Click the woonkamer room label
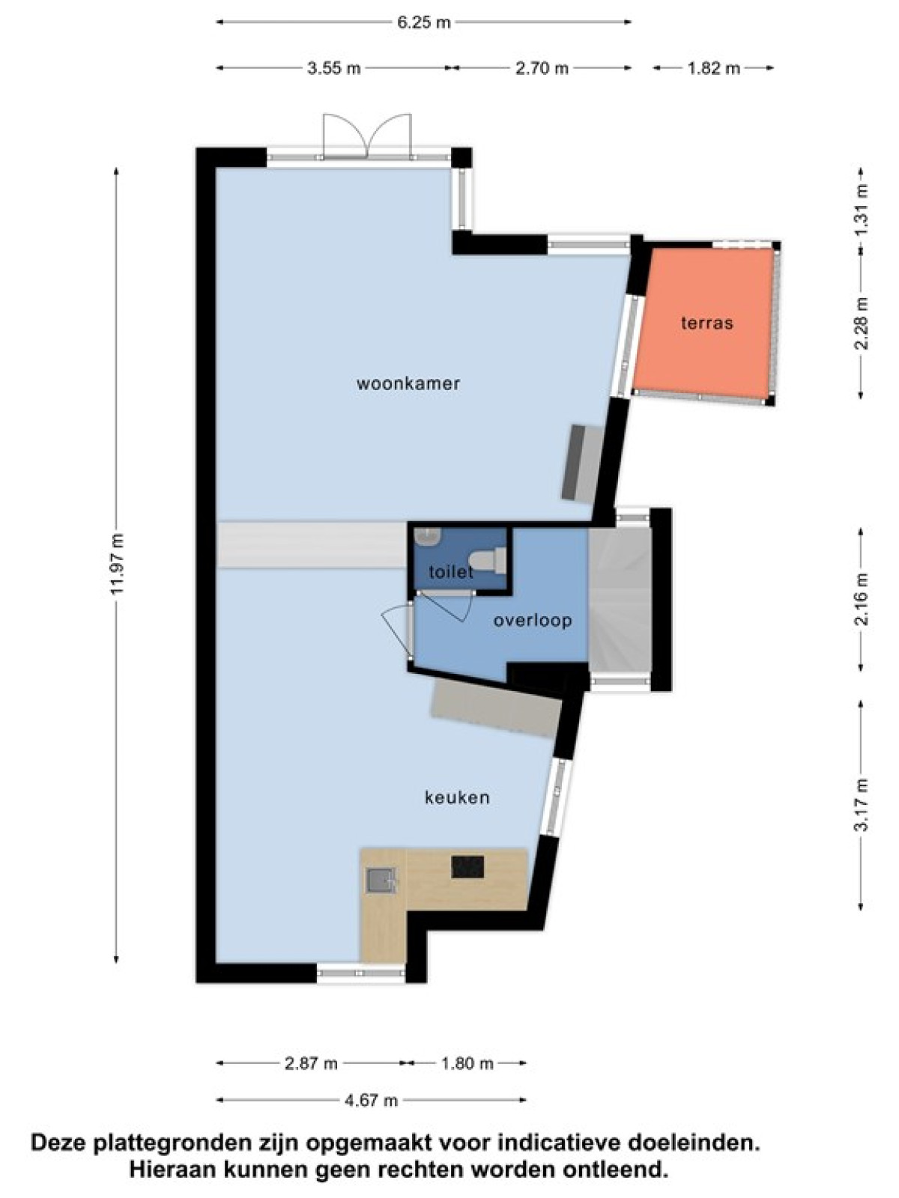point(408,383)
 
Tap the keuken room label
point(458,798)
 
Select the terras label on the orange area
point(707,323)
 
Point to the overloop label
point(532,621)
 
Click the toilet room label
point(451,573)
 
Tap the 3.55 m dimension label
point(333,68)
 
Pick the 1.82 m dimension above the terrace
point(713,68)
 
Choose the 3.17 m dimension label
point(862,806)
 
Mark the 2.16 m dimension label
point(862,599)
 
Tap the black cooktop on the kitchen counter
point(467,867)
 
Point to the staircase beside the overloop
point(620,600)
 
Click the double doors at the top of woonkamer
point(366,136)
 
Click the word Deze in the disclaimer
point(61,1142)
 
